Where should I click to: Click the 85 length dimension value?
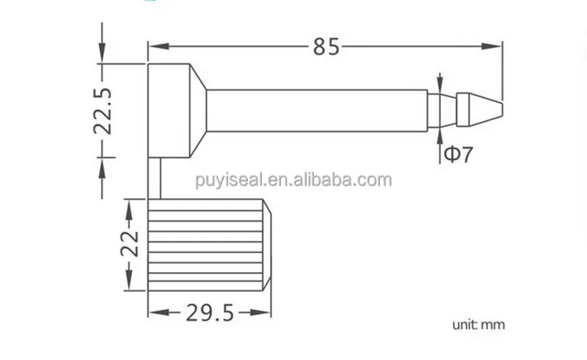(327, 47)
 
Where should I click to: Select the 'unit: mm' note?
(478, 323)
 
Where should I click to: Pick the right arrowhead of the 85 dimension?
(498, 47)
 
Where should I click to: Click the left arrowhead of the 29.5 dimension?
(155, 314)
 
